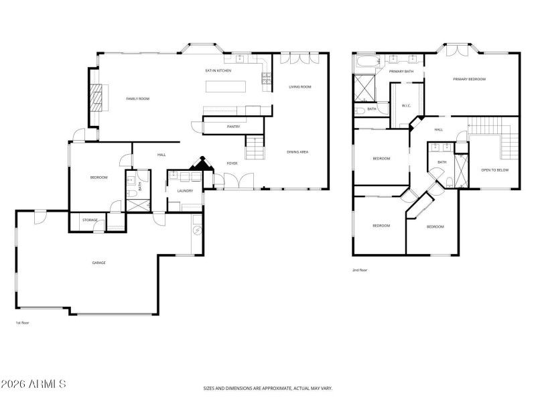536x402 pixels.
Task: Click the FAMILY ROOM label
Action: [x=137, y=98]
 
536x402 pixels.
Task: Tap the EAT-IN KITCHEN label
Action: [x=218, y=70]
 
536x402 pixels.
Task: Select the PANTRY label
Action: [x=233, y=126]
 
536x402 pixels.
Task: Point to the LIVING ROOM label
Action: [x=300, y=87]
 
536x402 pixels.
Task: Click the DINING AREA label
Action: [x=297, y=152]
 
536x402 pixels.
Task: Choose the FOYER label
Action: [x=232, y=163]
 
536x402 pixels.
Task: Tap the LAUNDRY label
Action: [x=185, y=191]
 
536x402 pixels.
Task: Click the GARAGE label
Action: [x=98, y=262]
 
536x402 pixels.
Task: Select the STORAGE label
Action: [x=90, y=220]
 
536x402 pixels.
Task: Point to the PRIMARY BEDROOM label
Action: [x=469, y=79]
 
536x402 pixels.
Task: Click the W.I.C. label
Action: [x=406, y=105]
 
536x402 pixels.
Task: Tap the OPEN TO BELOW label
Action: [x=495, y=170]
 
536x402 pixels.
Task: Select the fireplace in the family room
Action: [x=98, y=98]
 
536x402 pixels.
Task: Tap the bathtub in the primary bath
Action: [x=367, y=64]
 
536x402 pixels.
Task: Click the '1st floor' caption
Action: [x=22, y=322]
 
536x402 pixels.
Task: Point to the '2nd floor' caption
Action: [x=359, y=270]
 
